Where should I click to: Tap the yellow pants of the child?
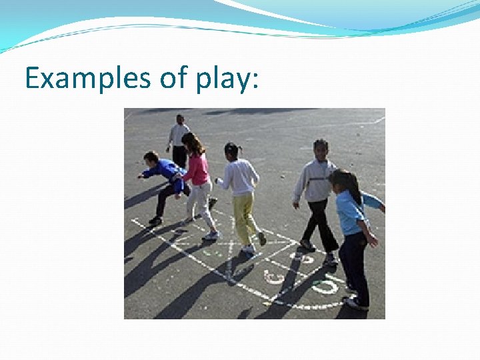pyautogui.click(x=244, y=216)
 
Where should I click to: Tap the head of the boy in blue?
pyautogui.click(x=152, y=159)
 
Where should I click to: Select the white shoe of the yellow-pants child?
pyautogui.click(x=249, y=249)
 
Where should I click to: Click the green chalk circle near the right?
pyautogui.click(x=325, y=287)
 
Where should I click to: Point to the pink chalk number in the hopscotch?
pyautogui.click(x=273, y=277)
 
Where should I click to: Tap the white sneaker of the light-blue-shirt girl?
pyautogui.click(x=356, y=304)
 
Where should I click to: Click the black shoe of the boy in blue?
pyautogui.click(x=155, y=221)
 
